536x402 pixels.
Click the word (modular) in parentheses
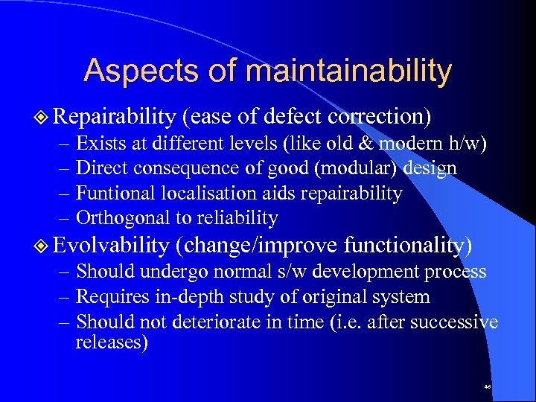[x=354, y=168]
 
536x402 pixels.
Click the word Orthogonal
[x=118, y=218]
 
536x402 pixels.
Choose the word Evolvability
[x=112, y=246]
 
